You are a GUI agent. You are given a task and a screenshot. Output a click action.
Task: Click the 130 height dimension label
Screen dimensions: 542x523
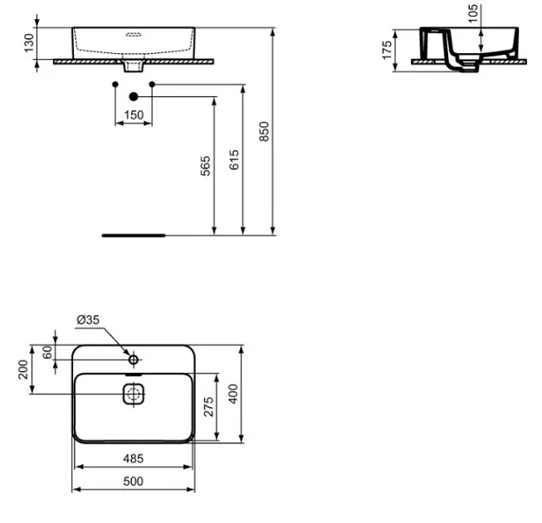tap(29, 43)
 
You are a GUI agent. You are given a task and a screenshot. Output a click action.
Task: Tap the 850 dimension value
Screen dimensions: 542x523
tap(264, 131)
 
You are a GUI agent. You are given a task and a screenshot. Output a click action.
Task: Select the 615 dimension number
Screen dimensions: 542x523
tap(234, 159)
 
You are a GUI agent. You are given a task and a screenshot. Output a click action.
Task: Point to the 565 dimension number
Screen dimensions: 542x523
tap(206, 166)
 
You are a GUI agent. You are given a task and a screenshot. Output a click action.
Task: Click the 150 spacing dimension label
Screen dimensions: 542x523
tap(134, 115)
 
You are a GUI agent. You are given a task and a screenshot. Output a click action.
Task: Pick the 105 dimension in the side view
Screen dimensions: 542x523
tap(473, 14)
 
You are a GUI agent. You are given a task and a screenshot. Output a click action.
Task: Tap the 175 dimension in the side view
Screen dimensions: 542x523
tap(387, 50)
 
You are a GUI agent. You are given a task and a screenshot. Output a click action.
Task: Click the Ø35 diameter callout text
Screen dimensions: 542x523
tap(88, 320)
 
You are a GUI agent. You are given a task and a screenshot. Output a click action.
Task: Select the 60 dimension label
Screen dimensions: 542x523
tap(47, 352)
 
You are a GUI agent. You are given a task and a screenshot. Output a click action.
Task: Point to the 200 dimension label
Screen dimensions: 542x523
tap(23, 369)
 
